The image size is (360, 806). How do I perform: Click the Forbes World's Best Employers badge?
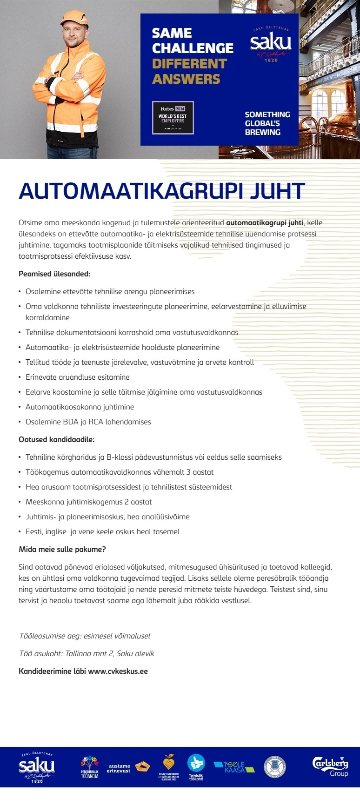pos(173,118)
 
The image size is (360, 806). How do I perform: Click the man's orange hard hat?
pos(74,19)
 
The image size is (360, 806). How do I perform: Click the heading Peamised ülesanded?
pos(54,274)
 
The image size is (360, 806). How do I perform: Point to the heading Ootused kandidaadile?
pos(56,439)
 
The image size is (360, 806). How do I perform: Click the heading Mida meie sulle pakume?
pos(62,549)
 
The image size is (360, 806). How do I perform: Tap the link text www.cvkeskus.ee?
pos(118,671)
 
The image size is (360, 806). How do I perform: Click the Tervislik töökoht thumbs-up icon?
pos(196,764)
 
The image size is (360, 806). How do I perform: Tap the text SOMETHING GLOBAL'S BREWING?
pos(267,123)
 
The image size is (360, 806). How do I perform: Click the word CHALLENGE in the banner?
pos(193,48)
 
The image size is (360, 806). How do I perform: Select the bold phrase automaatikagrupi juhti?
pos(265,222)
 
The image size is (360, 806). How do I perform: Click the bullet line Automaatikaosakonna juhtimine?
pos(80,407)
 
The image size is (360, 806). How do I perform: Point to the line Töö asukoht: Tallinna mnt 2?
pos(87,653)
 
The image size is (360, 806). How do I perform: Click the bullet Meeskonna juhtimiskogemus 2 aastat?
pos(88,502)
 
